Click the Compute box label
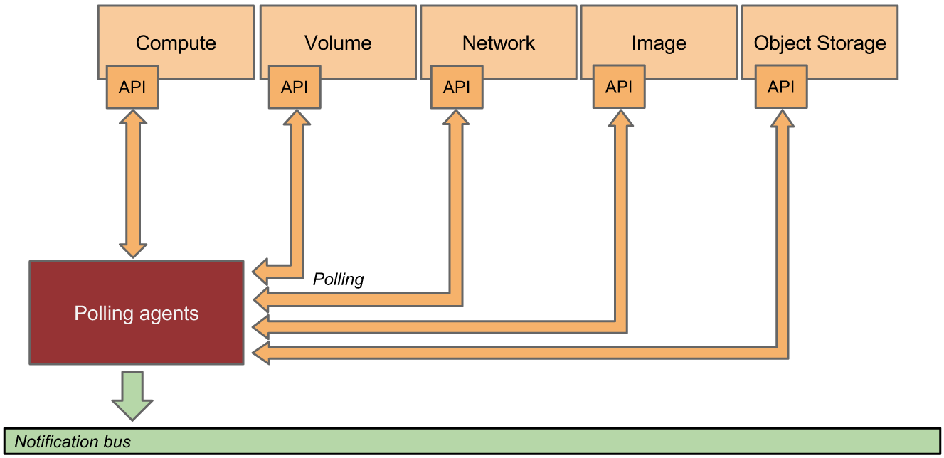[x=176, y=43]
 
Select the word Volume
[x=338, y=43]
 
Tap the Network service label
[x=499, y=43]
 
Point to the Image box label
[x=659, y=43]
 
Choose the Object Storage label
[x=820, y=43]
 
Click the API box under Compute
[x=132, y=87]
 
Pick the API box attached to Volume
[x=295, y=87]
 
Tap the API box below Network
[x=457, y=87]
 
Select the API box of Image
[x=619, y=87]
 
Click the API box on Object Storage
[x=781, y=87]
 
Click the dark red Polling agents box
[x=137, y=314]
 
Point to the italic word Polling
[x=339, y=279]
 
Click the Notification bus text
[x=73, y=442]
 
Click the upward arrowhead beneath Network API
[x=457, y=118]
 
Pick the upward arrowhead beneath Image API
[x=619, y=118]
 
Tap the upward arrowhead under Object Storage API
[x=781, y=118]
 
